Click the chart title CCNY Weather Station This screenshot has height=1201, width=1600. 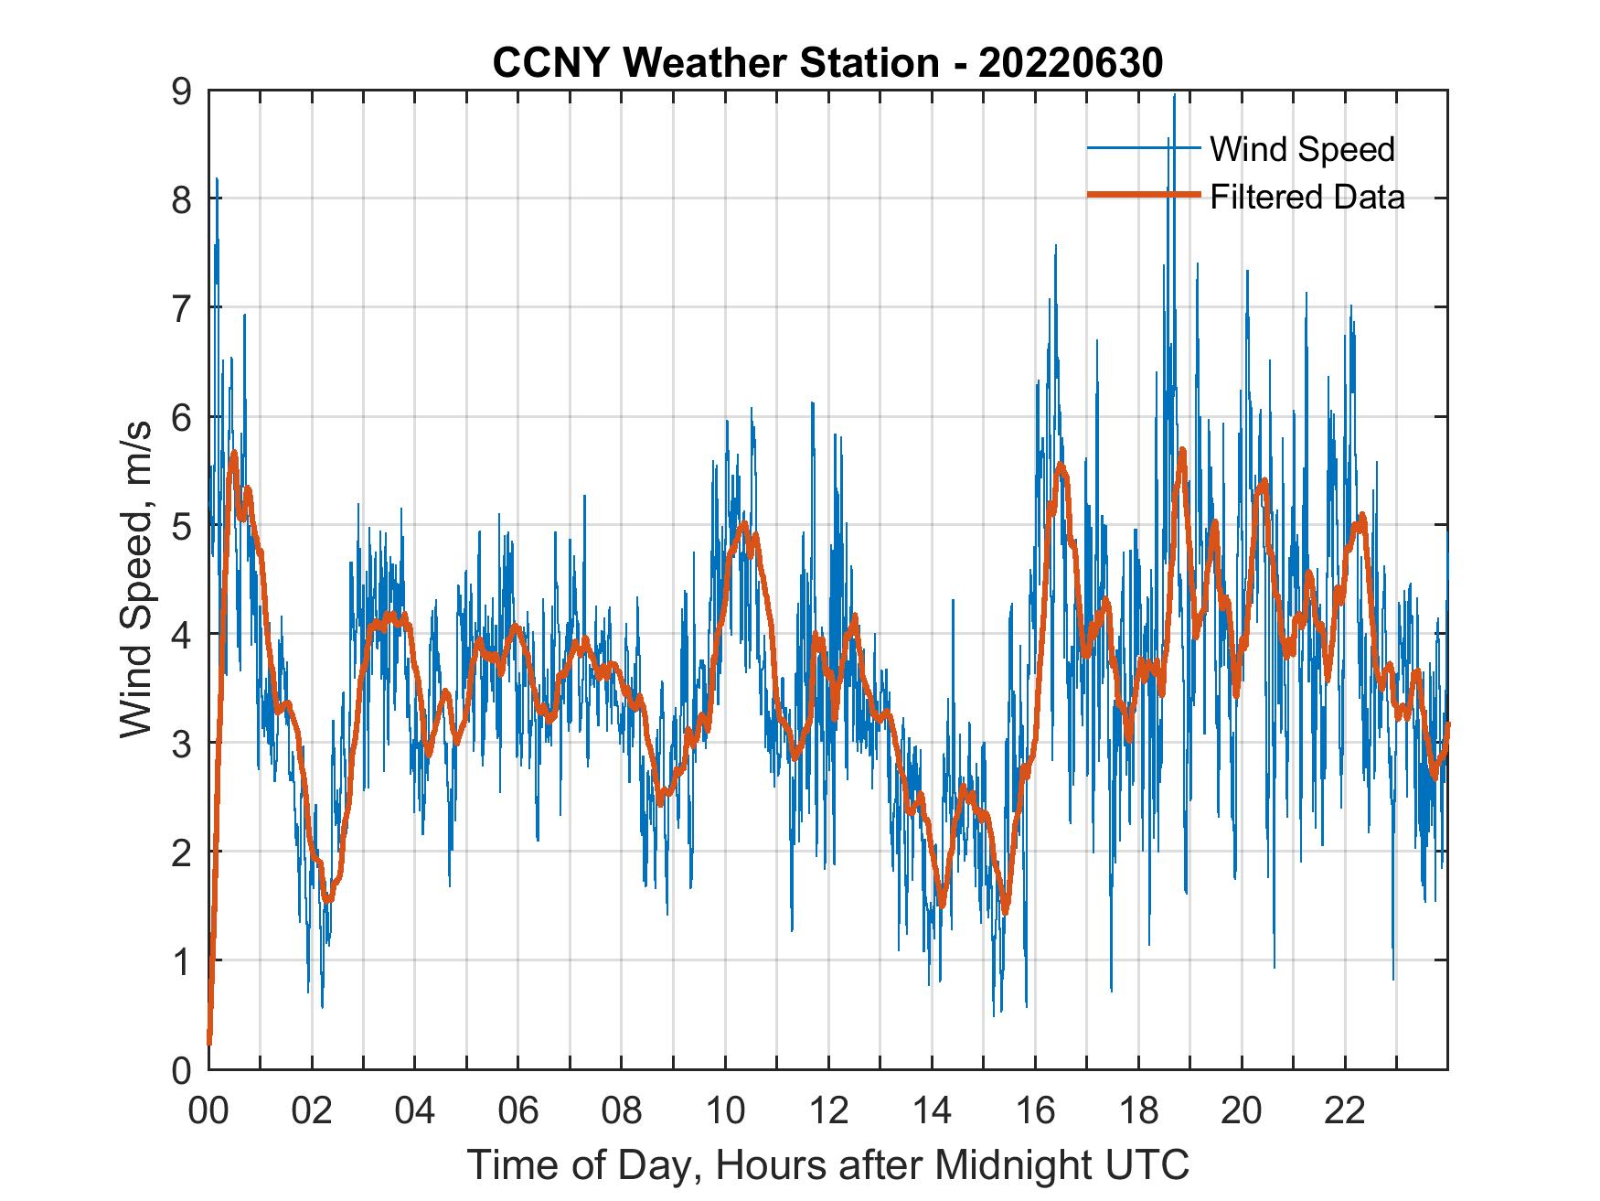tap(715, 63)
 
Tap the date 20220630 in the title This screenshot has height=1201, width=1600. tap(1071, 63)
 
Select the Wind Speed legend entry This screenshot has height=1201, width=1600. tap(1302, 149)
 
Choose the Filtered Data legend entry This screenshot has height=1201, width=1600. tap(1307, 197)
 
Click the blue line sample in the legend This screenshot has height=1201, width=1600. tap(1143, 148)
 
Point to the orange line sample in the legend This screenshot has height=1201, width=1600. tap(1143, 196)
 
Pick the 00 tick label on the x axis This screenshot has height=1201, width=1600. tap(208, 1111)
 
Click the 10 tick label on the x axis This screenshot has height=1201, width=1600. tap(725, 1111)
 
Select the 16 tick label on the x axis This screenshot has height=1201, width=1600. tap(1035, 1111)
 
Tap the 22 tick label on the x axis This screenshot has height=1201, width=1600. tap(1345, 1111)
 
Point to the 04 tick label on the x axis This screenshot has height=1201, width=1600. tap(415, 1111)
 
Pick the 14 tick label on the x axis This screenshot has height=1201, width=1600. tap(932, 1111)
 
